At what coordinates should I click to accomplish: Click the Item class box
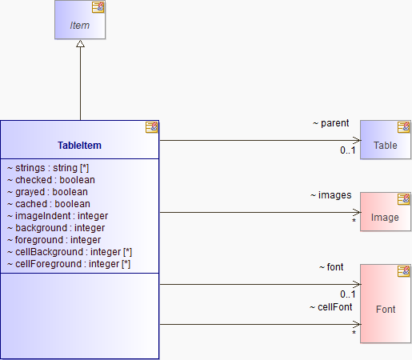pos(80,19)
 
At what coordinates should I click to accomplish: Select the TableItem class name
pos(79,146)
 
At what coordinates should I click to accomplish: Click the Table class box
pos(386,140)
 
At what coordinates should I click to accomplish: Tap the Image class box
pos(386,212)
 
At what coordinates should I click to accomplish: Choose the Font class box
pos(386,303)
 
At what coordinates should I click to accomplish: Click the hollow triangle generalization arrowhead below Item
pos(80,44)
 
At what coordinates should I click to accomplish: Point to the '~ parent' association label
pos(330,123)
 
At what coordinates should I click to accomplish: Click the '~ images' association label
pos(330,195)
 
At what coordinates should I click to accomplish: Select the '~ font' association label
pos(331,267)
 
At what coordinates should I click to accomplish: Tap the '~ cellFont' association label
pos(330,307)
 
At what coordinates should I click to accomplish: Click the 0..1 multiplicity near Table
pos(348,150)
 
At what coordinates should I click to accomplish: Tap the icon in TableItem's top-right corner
pos(151,127)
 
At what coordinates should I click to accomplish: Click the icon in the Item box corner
pos(98,7)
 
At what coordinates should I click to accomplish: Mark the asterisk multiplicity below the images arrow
pos(354,221)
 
